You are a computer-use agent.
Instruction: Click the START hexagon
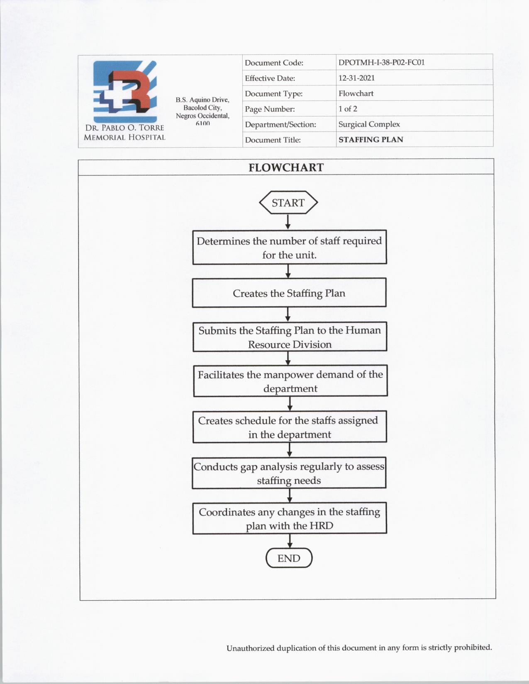288,203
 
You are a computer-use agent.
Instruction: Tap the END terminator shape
289,558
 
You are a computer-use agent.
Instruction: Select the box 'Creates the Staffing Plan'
289,293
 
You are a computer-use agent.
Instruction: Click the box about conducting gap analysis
289,473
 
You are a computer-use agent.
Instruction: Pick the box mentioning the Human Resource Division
290,337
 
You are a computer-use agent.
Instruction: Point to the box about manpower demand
290,381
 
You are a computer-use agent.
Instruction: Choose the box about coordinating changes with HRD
289,519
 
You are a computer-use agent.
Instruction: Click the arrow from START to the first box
288,222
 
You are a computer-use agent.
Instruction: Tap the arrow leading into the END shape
290,541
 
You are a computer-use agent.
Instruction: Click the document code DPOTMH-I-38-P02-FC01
381,63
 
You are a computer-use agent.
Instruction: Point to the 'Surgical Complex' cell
369,124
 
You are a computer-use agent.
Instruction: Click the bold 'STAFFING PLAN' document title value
371,140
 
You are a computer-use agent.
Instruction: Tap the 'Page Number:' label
270,109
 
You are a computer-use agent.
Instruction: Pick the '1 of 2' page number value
348,109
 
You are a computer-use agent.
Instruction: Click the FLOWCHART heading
286,167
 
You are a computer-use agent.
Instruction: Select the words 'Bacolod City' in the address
202,108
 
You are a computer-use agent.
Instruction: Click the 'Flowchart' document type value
356,94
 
